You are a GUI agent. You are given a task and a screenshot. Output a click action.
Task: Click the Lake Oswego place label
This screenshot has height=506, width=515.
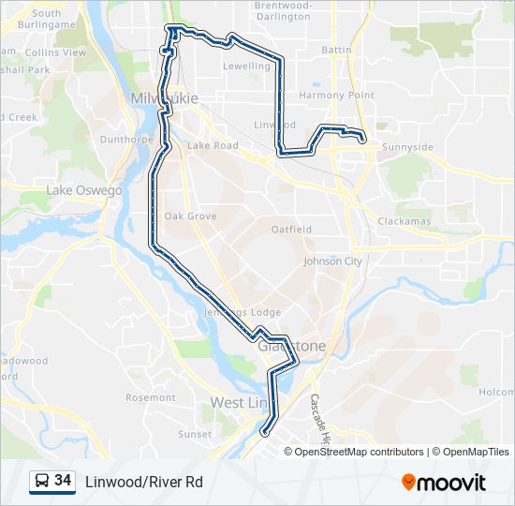84,190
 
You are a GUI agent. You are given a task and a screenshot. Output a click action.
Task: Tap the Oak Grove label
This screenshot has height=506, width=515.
190,216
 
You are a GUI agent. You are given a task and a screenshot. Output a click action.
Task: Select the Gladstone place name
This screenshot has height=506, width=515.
292,346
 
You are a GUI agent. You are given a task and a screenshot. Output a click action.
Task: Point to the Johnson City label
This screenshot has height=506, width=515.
332,261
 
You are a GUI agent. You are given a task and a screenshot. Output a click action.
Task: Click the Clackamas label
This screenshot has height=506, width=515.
405,221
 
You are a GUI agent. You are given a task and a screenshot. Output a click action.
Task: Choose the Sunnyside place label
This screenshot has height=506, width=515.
408,147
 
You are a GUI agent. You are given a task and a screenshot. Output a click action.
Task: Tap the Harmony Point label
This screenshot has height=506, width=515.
336,96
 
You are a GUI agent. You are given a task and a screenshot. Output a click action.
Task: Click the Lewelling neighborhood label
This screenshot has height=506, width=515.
246,67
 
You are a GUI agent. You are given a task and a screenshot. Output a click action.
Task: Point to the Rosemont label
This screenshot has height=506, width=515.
151,397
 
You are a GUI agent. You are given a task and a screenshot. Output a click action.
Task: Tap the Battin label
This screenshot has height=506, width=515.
336,49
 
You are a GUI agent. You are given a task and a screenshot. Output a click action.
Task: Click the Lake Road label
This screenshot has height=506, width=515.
213,145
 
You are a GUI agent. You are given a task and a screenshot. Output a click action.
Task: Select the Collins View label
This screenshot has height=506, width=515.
55,53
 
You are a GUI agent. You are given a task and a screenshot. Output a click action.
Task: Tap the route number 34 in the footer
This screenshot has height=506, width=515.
63,481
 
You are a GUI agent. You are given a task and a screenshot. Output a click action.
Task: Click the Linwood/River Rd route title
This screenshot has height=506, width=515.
143,482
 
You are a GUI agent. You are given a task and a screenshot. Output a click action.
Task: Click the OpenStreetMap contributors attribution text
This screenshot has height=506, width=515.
359,452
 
